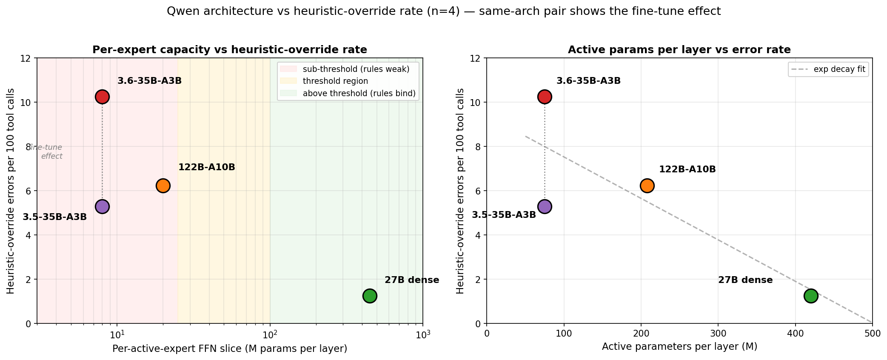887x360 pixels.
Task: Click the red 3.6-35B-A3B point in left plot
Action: point(102,97)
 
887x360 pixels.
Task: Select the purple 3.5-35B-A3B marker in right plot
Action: point(545,206)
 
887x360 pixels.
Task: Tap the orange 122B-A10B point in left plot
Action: point(163,186)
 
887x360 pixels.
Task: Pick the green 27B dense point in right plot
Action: point(811,296)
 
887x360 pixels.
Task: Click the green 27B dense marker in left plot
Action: point(370,296)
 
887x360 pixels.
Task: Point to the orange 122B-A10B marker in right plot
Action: point(647,186)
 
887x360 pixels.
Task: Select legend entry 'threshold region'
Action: point(335,81)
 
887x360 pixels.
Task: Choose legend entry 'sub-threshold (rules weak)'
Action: point(356,69)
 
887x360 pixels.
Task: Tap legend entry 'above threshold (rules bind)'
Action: point(359,93)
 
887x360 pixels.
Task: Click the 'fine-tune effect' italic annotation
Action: point(47,152)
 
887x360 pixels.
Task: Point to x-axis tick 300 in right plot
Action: point(718,334)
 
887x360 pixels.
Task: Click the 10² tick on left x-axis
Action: point(270,334)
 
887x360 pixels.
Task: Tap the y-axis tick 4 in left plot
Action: point(29,235)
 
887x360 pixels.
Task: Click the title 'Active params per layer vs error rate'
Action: point(679,50)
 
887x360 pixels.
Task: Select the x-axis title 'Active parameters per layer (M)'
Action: point(679,347)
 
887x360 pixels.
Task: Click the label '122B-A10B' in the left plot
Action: point(206,167)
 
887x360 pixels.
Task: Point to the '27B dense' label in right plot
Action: point(745,280)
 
